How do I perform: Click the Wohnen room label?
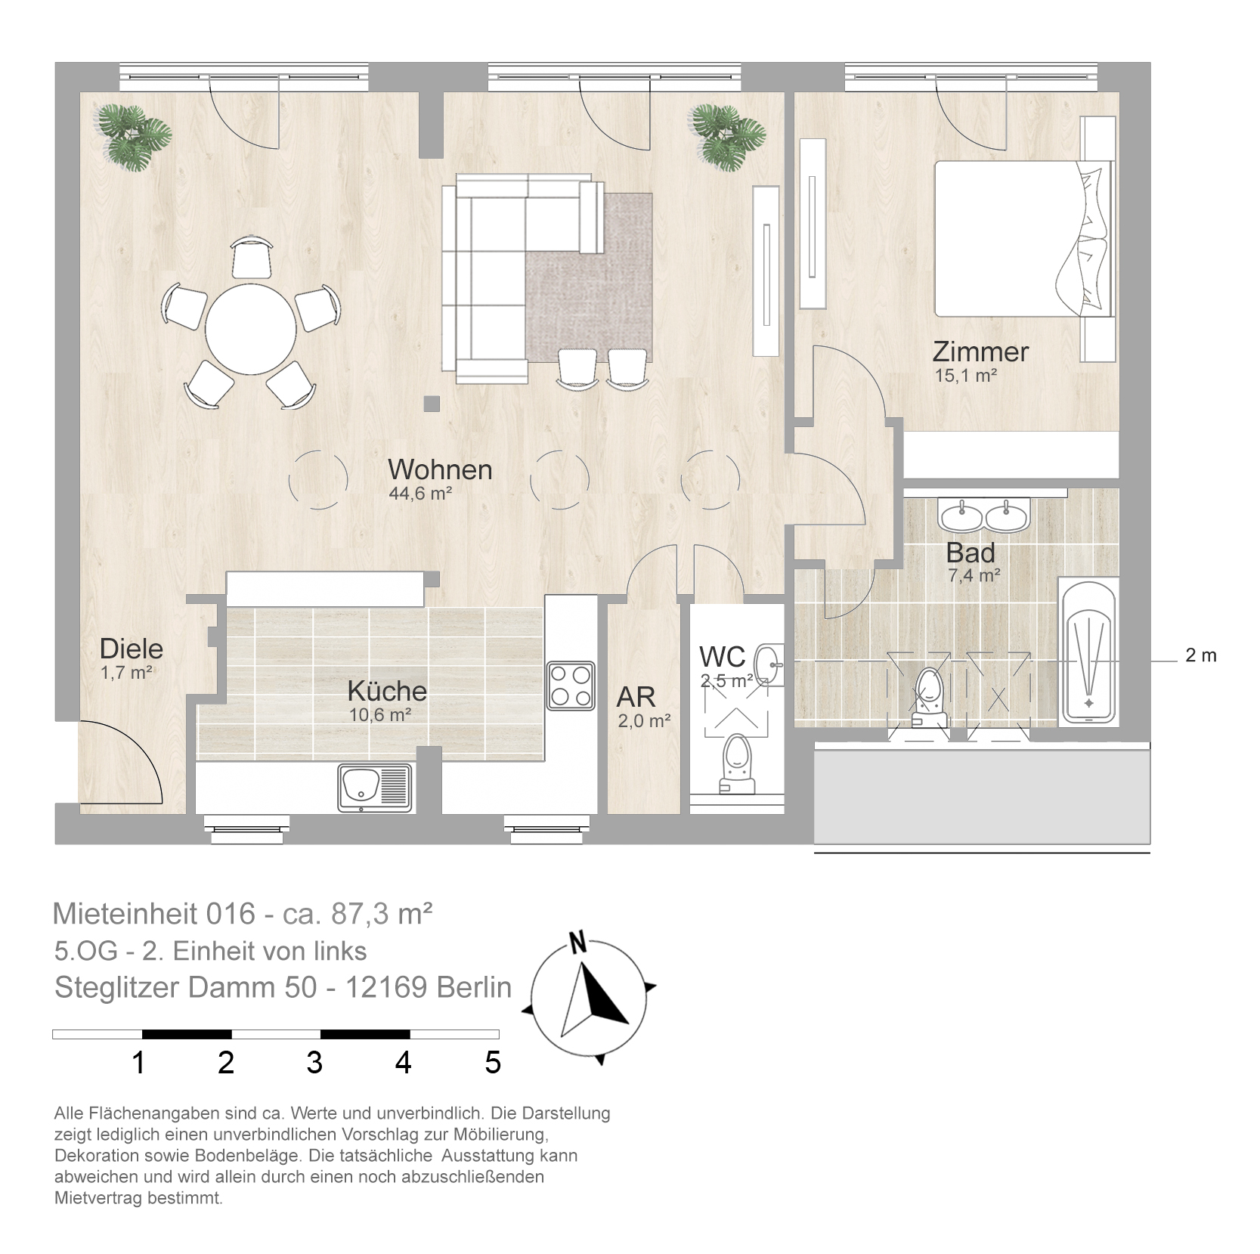440,469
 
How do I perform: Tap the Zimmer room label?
980,351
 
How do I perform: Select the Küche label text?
387,691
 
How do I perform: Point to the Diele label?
132,649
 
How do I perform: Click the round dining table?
251,327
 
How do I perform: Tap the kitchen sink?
376,787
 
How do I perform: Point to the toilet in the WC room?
737,766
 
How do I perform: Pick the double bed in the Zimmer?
1024,237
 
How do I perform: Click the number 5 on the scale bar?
493,1063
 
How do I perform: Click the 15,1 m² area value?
966,375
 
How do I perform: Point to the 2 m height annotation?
1201,656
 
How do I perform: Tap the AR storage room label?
636,696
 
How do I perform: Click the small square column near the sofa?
432,404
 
